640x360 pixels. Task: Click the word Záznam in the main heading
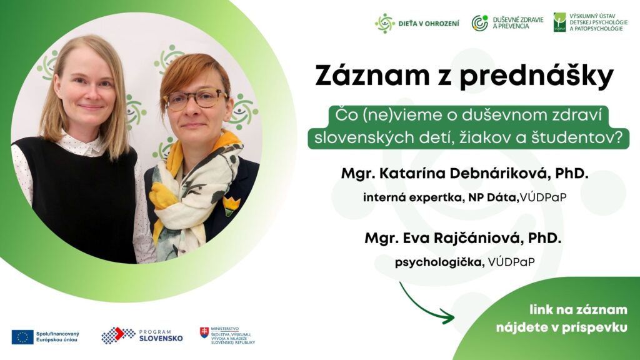[x=372, y=76]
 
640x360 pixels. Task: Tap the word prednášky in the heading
[x=537, y=77]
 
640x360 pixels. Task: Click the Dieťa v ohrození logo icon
[x=385, y=23]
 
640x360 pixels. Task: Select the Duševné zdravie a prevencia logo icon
[x=480, y=23]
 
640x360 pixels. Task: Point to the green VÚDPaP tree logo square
[x=559, y=22]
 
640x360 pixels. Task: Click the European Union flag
[x=22, y=337]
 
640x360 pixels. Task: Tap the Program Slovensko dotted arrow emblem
[x=118, y=335]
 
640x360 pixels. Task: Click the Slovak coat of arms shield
[x=204, y=332]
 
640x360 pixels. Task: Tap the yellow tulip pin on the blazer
[x=231, y=205]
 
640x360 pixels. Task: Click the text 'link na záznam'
[x=578, y=310]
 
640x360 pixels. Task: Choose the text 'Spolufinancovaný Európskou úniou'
[x=57, y=337]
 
